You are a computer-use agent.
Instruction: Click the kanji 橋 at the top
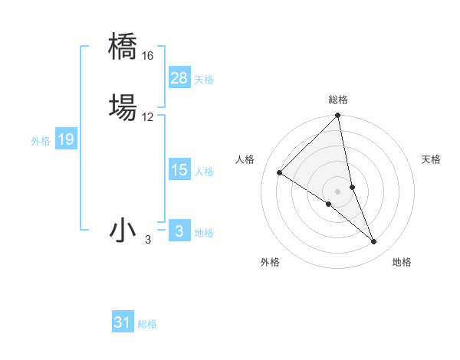click(123, 46)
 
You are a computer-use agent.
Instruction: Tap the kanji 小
click(123, 230)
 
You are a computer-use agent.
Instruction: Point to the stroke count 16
click(147, 56)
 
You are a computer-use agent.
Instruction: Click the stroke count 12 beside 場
click(147, 116)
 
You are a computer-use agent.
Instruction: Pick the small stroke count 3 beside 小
click(148, 241)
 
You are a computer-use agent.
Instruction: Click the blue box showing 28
click(179, 78)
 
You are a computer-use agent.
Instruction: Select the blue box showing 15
click(179, 171)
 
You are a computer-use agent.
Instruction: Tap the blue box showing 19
click(66, 139)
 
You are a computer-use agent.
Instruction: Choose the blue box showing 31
click(123, 322)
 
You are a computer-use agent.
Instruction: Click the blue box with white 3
click(179, 231)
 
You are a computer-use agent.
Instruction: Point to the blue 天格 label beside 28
click(204, 80)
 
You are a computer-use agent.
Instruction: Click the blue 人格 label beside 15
click(204, 172)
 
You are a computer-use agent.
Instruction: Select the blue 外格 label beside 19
click(41, 141)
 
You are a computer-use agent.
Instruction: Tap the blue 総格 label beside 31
click(147, 324)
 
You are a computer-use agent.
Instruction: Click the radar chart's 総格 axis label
click(338, 100)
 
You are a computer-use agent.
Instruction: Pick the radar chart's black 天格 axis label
click(431, 159)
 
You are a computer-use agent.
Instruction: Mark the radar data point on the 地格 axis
click(374, 242)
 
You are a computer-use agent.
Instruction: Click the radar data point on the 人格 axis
click(280, 173)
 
